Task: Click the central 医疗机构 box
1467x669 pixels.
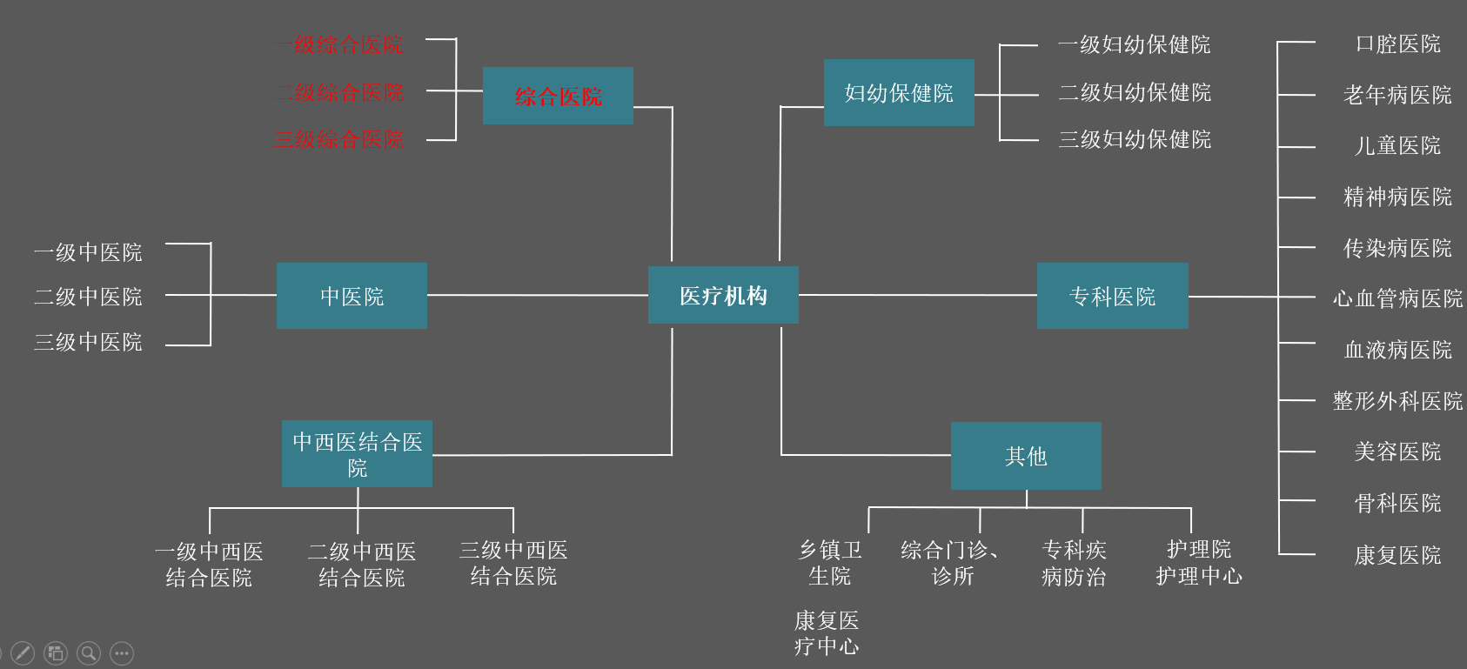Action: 723,296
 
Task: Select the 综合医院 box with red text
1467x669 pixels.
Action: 558,96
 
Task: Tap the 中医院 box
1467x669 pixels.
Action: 352,296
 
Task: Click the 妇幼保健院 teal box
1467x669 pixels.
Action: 899,93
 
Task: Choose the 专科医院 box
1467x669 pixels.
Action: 1112,296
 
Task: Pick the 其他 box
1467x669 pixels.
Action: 1026,456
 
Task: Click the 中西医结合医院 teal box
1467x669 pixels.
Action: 357,454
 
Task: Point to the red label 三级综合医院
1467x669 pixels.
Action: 339,139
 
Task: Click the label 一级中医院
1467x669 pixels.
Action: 88,252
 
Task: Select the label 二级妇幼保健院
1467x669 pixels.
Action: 1135,92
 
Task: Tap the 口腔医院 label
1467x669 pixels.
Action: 1397,43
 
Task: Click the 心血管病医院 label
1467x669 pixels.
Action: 1397,298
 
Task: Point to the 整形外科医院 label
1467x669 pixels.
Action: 1397,401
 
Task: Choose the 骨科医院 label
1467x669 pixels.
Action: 1397,503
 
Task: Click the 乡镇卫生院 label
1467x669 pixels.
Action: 830,563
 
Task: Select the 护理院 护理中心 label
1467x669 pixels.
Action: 1199,563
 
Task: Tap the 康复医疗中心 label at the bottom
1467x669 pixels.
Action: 827,633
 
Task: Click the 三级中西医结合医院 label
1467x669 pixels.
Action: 513,563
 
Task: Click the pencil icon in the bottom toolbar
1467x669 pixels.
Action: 23,653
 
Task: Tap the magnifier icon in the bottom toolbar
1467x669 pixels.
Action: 89,653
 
